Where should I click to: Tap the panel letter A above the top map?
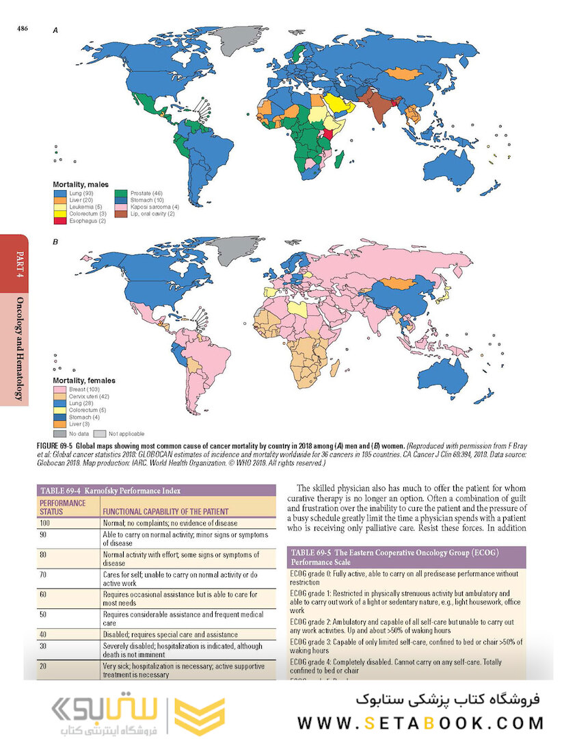[55, 31]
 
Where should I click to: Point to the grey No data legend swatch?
[59, 433]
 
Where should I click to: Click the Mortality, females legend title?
[84, 380]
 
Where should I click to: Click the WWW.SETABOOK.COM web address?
[420, 722]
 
